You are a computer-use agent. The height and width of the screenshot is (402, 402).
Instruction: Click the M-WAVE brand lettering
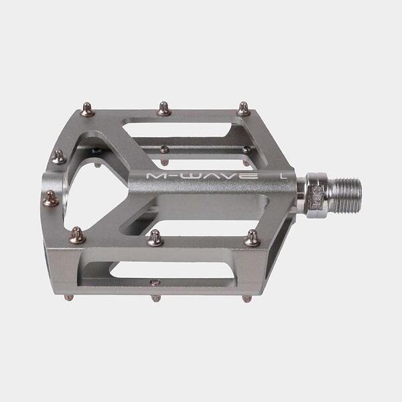202,176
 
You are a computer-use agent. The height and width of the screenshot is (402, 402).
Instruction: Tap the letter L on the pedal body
283,176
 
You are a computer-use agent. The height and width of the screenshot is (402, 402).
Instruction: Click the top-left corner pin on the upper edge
87,109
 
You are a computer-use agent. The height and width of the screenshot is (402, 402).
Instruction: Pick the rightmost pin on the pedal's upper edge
243,109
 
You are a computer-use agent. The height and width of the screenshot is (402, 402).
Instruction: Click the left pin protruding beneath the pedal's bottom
69,297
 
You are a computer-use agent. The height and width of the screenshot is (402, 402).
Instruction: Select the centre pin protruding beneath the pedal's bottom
155,298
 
